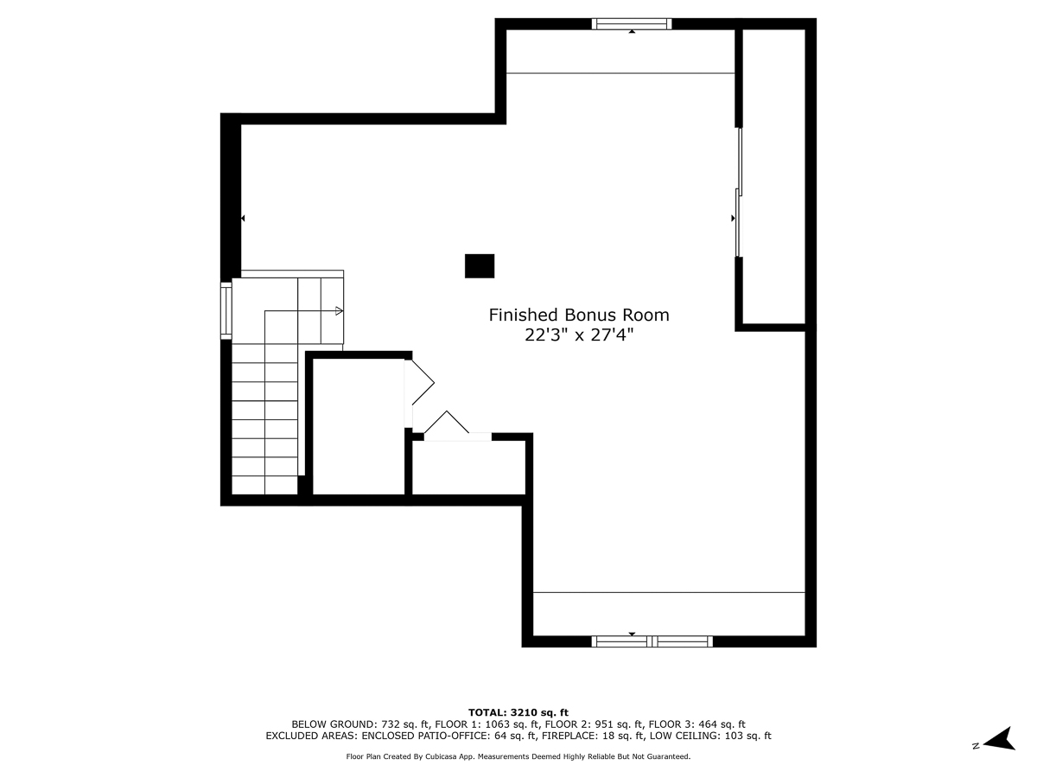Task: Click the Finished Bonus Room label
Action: [x=579, y=315]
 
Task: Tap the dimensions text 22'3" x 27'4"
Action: [x=579, y=335]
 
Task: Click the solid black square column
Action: [x=480, y=265]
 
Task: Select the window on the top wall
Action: [x=632, y=24]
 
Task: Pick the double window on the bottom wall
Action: [x=652, y=641]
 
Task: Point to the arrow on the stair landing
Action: [x=338, y=310]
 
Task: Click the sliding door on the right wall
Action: [x=738, y=192]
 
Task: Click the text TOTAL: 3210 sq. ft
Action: [x=518, y=711]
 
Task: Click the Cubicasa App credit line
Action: [x=518, y=756]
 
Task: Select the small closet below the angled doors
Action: [x=468, y=467]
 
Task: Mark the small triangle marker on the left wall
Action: [x=243, y=219]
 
